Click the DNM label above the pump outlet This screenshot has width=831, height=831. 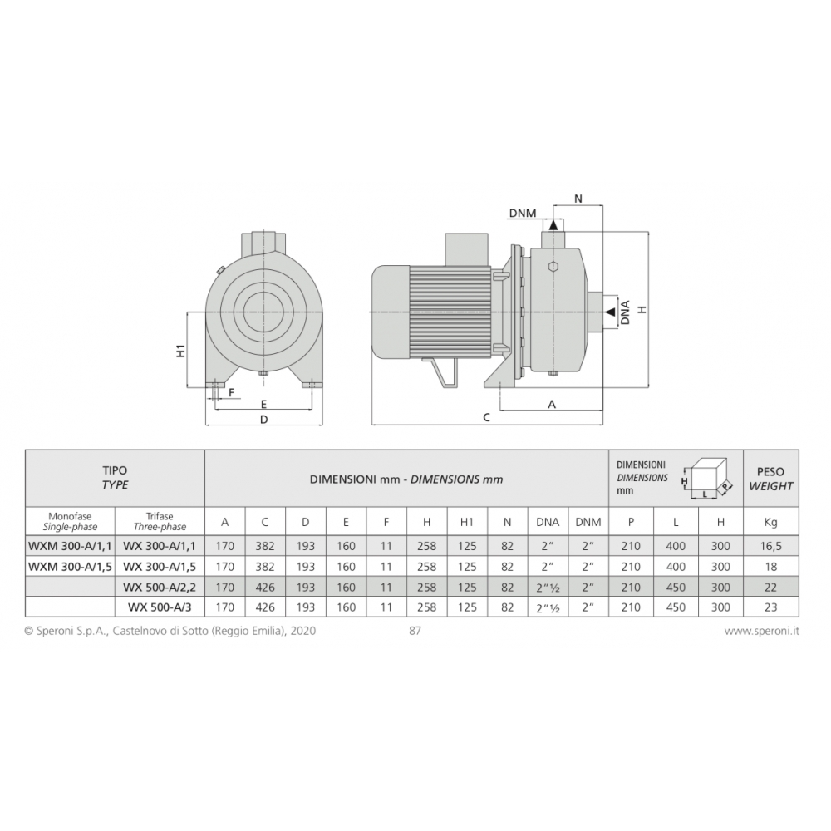click(523, 213)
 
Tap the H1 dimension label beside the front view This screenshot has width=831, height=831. click(180, 351)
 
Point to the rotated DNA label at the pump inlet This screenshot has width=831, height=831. click(626, 312)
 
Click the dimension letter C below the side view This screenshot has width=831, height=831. click(486, 418)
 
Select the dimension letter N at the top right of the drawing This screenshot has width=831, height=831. click(578, 199)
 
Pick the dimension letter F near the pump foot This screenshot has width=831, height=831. click(231, 393)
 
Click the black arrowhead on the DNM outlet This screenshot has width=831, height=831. click(553, 224)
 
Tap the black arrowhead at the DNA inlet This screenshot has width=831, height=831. click(610, 312)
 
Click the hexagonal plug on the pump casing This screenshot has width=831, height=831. click(553, 267)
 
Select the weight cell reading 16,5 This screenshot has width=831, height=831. click(770, 546)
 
